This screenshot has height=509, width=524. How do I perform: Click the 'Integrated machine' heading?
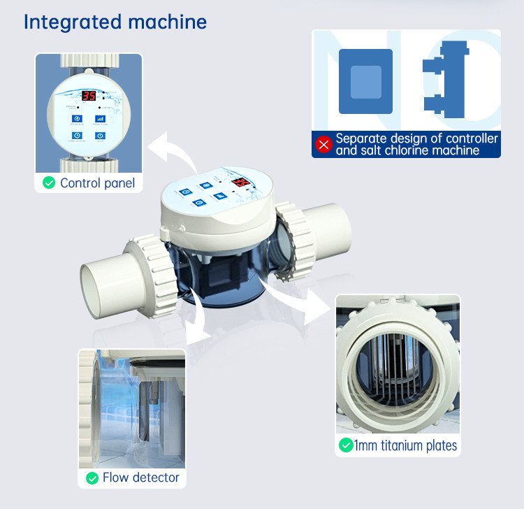coord(115,22)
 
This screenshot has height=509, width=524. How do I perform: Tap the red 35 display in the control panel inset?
coord(89,96)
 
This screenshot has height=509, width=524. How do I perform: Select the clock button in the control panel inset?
coord(77,136)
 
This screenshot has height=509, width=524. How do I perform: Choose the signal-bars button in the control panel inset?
coord(100,119)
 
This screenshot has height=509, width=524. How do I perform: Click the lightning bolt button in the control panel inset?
coord(77,119)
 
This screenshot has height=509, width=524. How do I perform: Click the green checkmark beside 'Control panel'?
coord(49,183)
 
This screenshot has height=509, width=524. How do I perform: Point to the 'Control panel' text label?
coord(97,183)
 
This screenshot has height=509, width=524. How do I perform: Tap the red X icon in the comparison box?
coord(323,144)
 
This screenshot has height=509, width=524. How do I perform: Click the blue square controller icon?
coord(365,81)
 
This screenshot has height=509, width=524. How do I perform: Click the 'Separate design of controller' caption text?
coord(416,138)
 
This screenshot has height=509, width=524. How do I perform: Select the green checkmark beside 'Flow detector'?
coord(92,478)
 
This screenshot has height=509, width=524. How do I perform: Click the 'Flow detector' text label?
coord(140,478)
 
